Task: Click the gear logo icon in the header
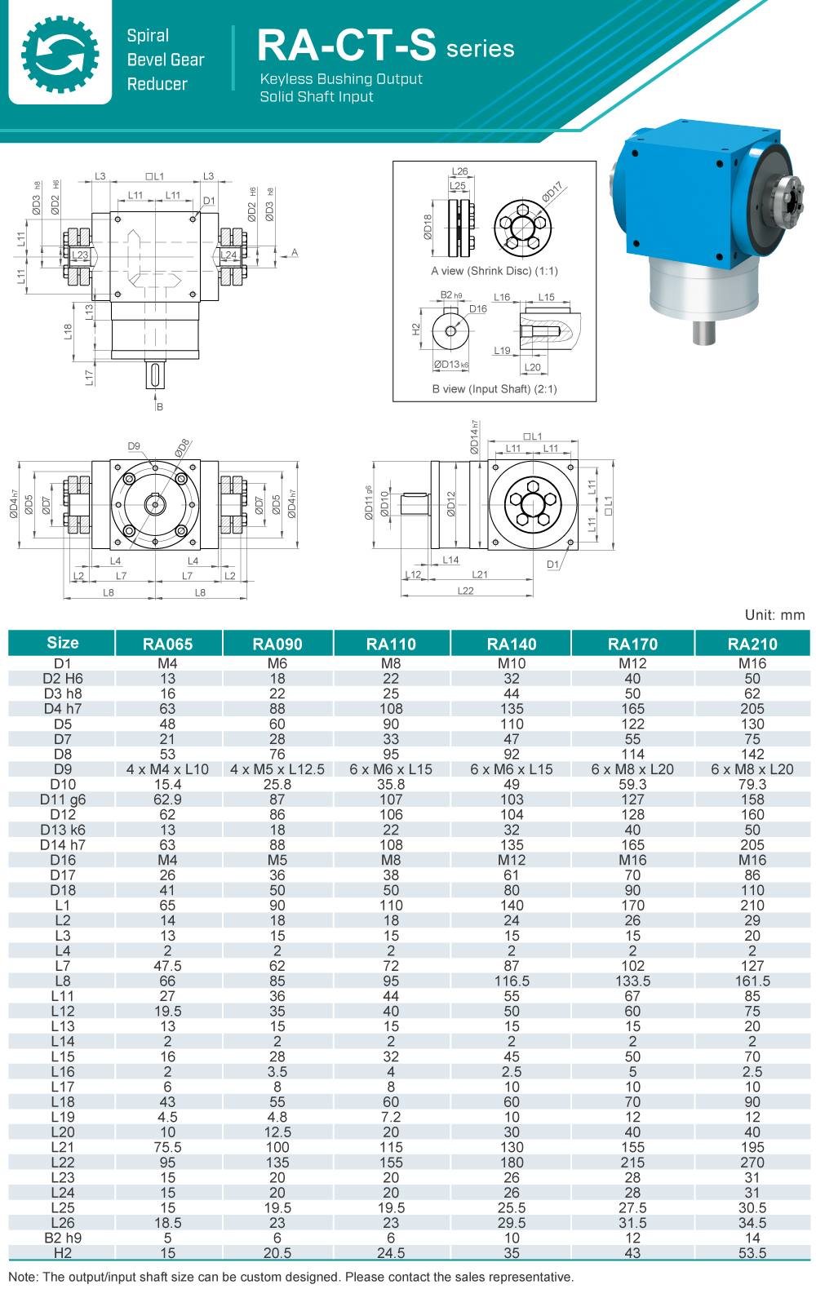click(x=60, y=53)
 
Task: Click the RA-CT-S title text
click(x=347, y=46)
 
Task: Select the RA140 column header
click(x=512, y=644)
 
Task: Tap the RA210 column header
click(x=752, y=644)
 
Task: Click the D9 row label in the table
click(x=63, y=769)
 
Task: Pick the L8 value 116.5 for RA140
click(x=512, y=981)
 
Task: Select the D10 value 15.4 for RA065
click(x=167, y=784)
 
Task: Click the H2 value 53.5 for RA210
click(x=752, y=1252)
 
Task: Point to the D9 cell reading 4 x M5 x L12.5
click(x=277, y=769)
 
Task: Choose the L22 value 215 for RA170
click(x=632, y=1162)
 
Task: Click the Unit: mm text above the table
click(x=774, y=615)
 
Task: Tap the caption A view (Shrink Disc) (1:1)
click(x=494, y=271)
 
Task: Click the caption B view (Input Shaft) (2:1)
click(x=494, y=389)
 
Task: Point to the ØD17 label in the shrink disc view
click(x=552, y=192)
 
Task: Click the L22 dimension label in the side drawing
click(x=465, y=591)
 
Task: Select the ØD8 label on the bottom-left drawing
click(x=182, y=447)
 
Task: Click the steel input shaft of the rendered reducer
click(x=704, y=332)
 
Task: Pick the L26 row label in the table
click(x=63, y=1222)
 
